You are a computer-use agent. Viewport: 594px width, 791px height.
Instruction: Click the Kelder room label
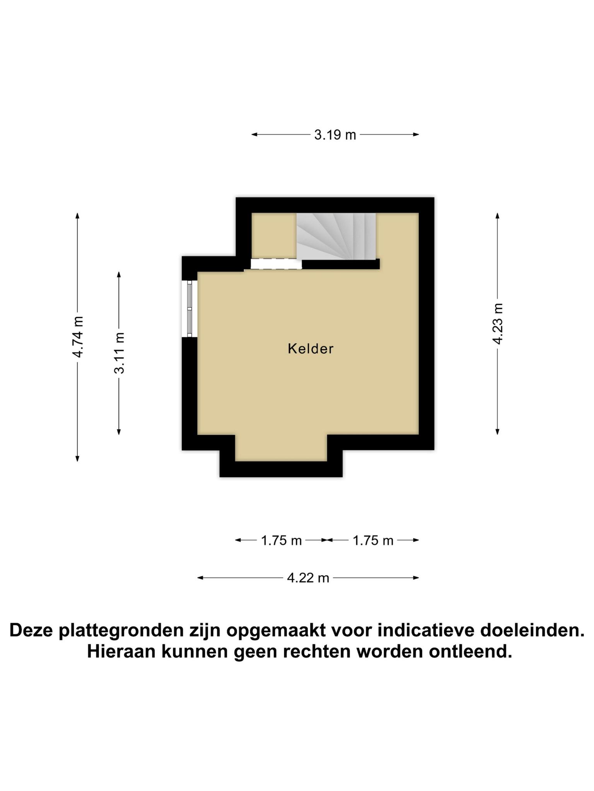(311, 349)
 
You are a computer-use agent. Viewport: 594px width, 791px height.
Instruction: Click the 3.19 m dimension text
(335, 135)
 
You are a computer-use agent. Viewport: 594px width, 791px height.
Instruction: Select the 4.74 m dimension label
(78, 337)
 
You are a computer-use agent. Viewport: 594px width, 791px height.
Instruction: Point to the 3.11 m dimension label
(119, 353)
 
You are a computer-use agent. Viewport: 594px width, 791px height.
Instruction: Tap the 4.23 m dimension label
(498, 324)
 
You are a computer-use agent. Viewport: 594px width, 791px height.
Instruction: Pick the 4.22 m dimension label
(308, 578)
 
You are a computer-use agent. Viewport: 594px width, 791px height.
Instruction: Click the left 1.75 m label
(281, 541)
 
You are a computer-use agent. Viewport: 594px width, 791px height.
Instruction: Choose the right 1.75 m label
(373, 541)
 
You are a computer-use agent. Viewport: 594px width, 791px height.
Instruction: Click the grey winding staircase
(336, 236)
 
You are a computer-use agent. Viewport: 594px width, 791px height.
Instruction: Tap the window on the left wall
(189, 309)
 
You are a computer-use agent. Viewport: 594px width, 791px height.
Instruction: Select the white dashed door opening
(276, 264)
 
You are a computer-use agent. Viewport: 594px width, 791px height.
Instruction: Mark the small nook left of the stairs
(274, 236)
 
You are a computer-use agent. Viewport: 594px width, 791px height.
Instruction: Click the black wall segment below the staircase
(341, 264)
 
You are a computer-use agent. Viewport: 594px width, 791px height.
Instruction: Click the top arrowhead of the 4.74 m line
(78, 216)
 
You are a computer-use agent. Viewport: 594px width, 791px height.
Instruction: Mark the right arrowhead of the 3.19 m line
(416, 134)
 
